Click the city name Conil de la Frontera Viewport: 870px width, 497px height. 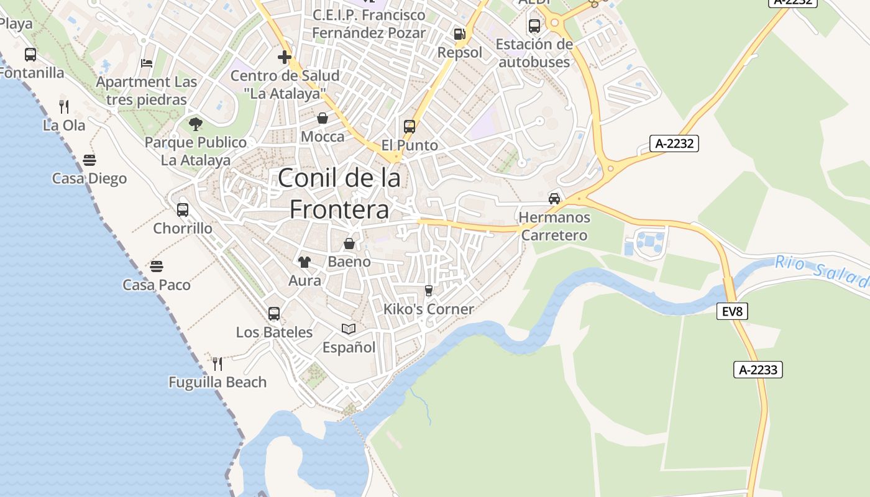pyautogui.click(x=339, y=194)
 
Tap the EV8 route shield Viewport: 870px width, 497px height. pyautogui.click(x=733, y=311)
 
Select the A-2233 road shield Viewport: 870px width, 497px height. pyautogui.click(x=758, y=370)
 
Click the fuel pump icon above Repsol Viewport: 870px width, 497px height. pyautogui.click(x=459, y=34)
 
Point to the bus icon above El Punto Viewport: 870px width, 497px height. pyautogui.click(x=410, y=127)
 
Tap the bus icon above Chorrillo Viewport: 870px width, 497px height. pyautogui.click(x=183, y=210)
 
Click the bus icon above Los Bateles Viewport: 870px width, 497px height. pyautogui.click(x=274, y=314)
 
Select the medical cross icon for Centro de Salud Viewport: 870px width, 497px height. pyautogui.click(x=285, y=58)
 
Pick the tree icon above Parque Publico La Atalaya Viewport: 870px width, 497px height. pyautogui.click(x=196, y=124)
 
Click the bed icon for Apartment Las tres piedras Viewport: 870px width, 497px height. pyautogui.click(x=147, y=63)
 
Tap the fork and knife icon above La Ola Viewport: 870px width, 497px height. pyautogui.click(x=64, y=106)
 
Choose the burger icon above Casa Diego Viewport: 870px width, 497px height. pyautogui.click(x=89, y=160)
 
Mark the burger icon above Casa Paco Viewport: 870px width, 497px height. pyautogui.click(x=157, y=267)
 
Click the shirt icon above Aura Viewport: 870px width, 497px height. pyautogui.click(x=304, y=262)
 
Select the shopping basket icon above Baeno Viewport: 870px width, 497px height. pyautogui.click(x=349, y=244)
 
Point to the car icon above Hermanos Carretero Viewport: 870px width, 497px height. pyautogui.click(x=554, y=199)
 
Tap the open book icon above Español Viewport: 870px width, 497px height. pyautogui.click(x=349, y=329)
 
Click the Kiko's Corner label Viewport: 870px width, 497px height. pyautogui.click(x=428, y=309)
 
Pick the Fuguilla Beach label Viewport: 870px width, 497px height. pyautogui.click(x=217, y=382)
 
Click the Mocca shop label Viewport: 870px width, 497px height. pyautogui.click(x=323, y=137)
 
